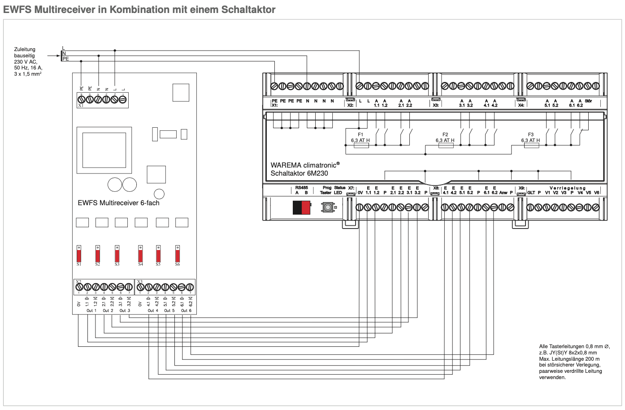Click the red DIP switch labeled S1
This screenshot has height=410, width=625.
(x=79, y=254)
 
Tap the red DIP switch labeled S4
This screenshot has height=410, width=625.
(x=140, y=254)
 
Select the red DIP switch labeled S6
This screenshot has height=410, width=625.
(x=178, y=254)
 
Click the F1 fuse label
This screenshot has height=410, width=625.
(x=360, y=134)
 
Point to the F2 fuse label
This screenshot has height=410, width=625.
(x=445, y=134)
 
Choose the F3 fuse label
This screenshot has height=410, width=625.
(x=531, y=134)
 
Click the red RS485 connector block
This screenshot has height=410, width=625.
(x=302, y=207)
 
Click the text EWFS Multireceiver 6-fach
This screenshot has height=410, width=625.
(x=118, y=203)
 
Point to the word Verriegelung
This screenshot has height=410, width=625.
(x=568, y=188)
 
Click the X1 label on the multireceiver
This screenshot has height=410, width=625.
(x=81, y=106)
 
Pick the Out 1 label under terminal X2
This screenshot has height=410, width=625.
(x=91, y=311)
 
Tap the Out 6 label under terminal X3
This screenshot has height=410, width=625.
(x=186, y=311)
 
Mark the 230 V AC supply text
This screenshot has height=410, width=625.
(x=26, y=62)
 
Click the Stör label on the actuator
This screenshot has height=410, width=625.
(x=588, y=101)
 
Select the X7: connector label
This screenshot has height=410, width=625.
(x=351, y=188)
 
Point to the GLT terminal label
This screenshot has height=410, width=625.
(x=531, y=193)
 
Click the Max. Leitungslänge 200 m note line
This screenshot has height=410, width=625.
(x=569, y=359)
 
